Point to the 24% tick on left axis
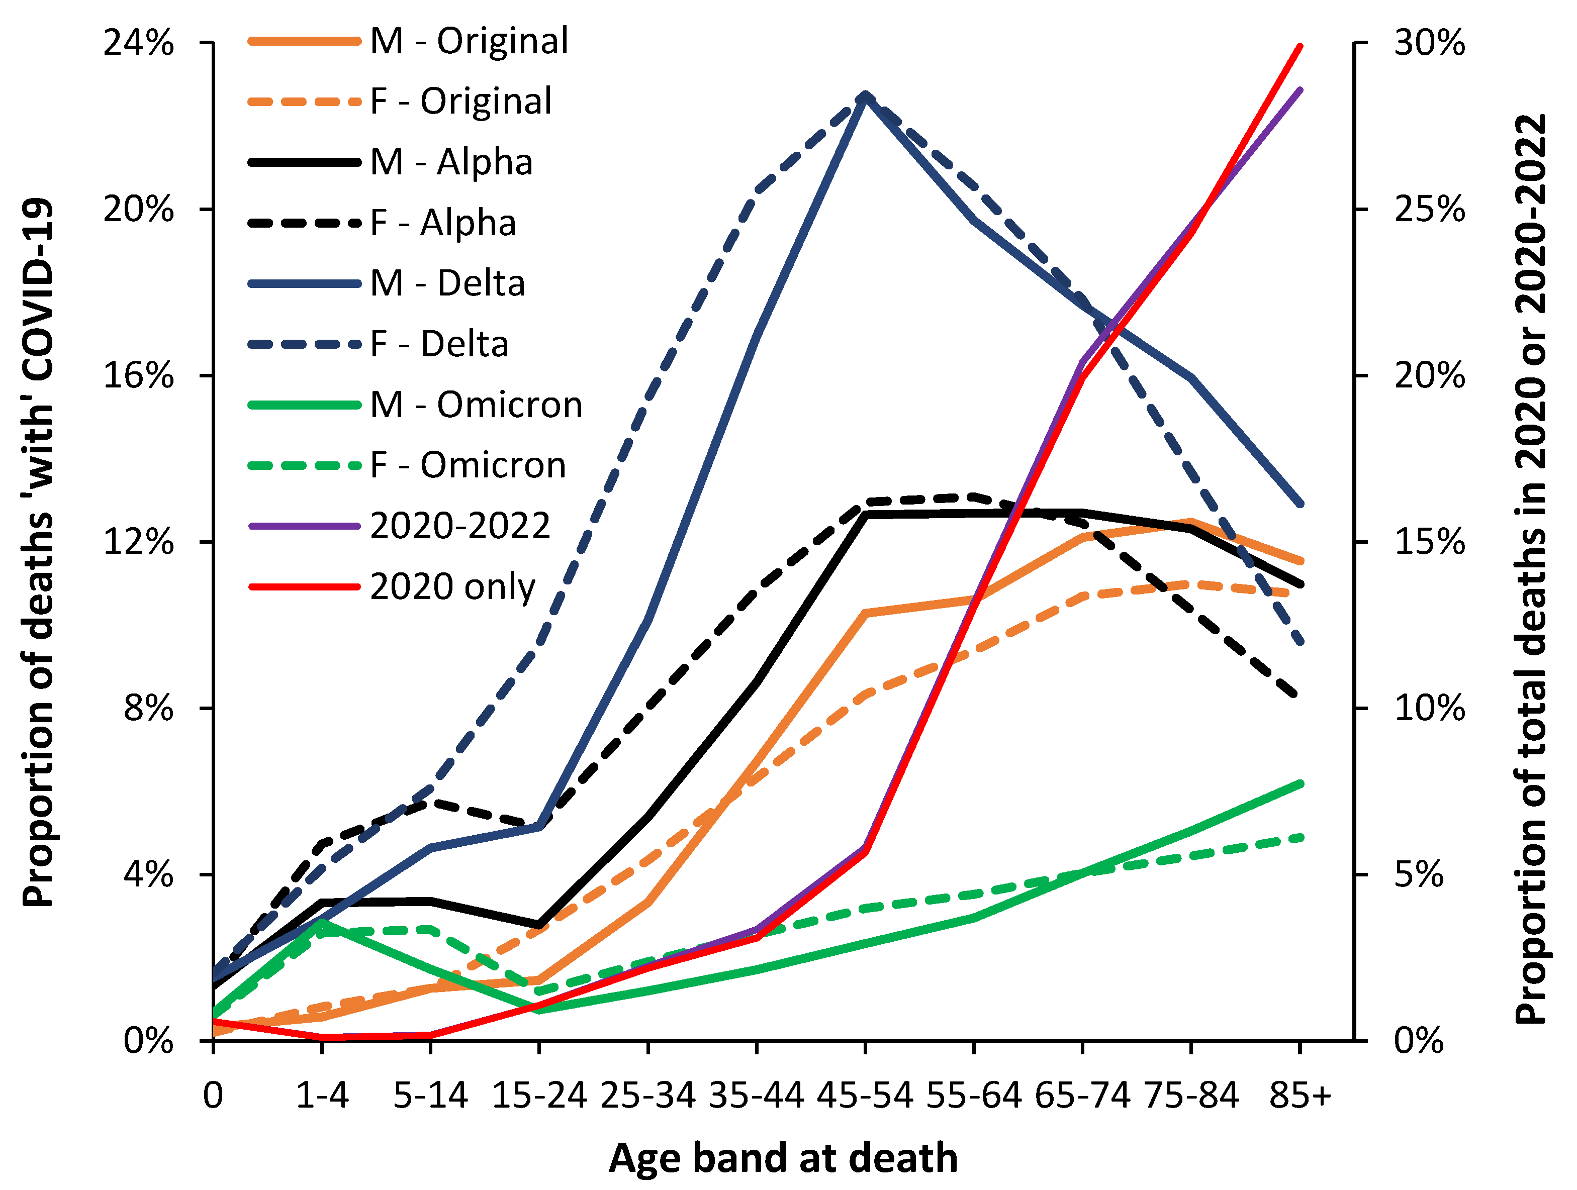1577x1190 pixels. point(139,43)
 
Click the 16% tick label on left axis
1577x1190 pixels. point(139,375)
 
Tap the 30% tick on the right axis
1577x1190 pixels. point(1429,43)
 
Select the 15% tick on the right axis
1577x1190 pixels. point(1429,542)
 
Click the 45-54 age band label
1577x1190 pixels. point(865,1095)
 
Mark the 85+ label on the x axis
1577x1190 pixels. point(1300,1095)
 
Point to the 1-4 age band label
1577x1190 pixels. point(322,1095)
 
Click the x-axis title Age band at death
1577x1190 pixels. point(782,1158)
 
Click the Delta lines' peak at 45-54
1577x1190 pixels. point(865,95)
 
